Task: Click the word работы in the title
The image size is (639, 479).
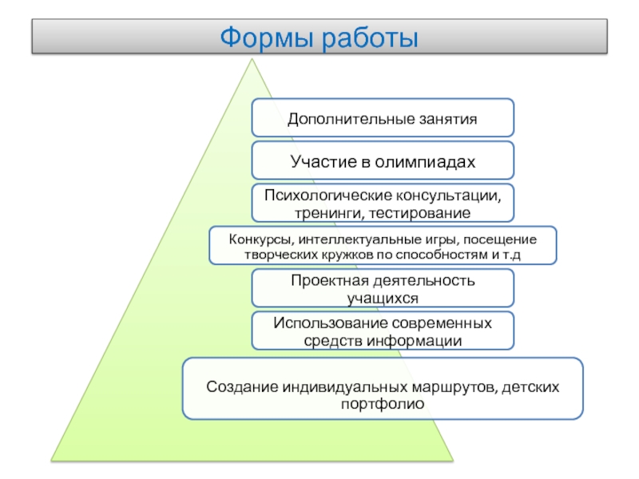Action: pyautogui.click(x=370, y=37)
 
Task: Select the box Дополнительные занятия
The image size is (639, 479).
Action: pyautogui.click(x=383, y=118)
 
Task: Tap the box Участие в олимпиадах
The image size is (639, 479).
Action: pyautogui.click(x=383, y=162)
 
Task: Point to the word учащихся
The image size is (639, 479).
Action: pyautogui.click(x=383, y=298)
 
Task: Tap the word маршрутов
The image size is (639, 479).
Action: pyautogui.click(x=451, y=387)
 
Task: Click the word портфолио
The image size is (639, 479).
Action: pyautogui.click(x=383, y=405)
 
